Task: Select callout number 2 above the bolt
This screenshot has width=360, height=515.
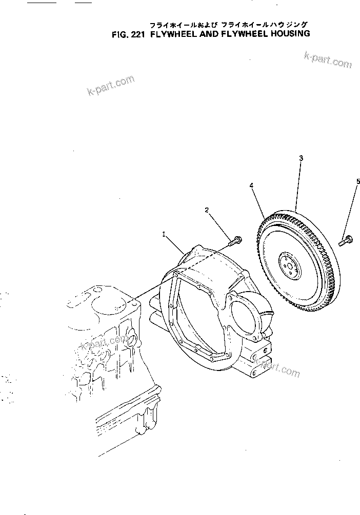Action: [207, 210]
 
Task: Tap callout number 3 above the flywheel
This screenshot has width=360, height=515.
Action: [301, 158]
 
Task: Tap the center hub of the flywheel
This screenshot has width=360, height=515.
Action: [289, 264]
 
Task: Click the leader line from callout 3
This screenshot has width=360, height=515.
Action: [299, 187]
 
